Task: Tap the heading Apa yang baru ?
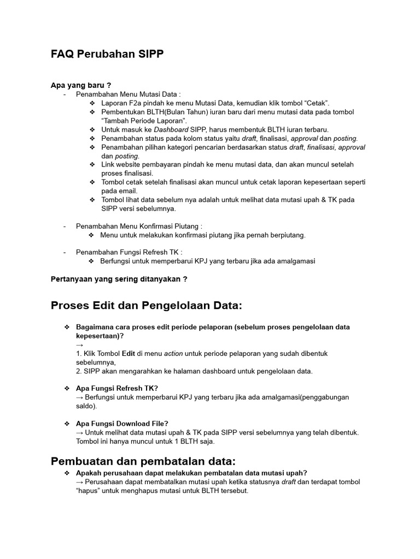(81, 85)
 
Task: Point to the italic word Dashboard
(171, 129)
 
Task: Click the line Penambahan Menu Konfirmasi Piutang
(139, 226)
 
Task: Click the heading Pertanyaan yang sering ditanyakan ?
(119, 279)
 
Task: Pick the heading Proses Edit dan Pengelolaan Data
(146, 306)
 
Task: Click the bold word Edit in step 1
(129, 353)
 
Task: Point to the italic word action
(173, 353)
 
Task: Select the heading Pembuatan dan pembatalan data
(143, 461)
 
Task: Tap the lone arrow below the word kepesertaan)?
(80, 344)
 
